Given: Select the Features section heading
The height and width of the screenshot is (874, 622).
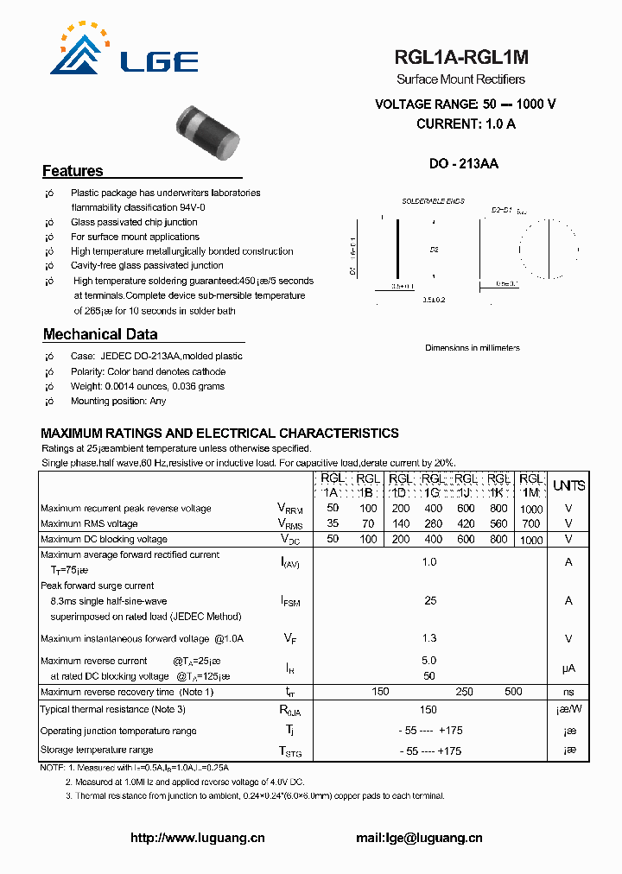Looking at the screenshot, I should pyautogui.click(x=73, y=171).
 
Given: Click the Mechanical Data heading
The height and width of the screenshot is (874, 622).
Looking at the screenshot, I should pyautogui.click(x=100, y=334).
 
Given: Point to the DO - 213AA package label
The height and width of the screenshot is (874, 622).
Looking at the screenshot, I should pyautogui.click(x=464, y=164).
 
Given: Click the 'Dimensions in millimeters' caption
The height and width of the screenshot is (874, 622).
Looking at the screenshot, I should pyautogui.click(x=473, y=348).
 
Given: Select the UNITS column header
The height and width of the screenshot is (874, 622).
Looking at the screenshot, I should pyautogui.click(x=568, y=485).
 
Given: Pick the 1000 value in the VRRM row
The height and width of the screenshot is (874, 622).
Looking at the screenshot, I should pyautogui.click(x=532, y=510).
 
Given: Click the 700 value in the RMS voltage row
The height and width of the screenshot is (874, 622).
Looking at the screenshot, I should pyautogui.click(x=531, y=523).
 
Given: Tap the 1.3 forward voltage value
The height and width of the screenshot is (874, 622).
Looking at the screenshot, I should pyautogui.click(x=429, y=638).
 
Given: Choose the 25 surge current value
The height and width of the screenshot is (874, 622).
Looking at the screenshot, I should pyautogui.click(x=429, y=600).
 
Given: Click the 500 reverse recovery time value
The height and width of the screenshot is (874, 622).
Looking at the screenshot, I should pyautogui.click(x=513, y=692).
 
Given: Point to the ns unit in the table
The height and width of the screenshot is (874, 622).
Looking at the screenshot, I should pyautogui.click(x=568, y=692).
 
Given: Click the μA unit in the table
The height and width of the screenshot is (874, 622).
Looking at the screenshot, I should pyautogui.click(x=568, y=668).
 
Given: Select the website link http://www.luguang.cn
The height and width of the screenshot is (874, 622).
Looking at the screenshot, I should pyautogui.click(x=197, y=838).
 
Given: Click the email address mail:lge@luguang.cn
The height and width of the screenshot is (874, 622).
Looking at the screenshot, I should pyautogui.click(x=419, y=838).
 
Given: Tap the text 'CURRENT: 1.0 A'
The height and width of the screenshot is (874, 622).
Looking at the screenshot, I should pyautogui.click(x=466, y=123).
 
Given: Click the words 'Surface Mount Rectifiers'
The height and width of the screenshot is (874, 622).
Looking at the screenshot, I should pyautogui.click(x=461, y=79).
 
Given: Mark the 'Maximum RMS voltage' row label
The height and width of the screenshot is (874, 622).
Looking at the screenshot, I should pyautogui.click(x=89, y=523).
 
